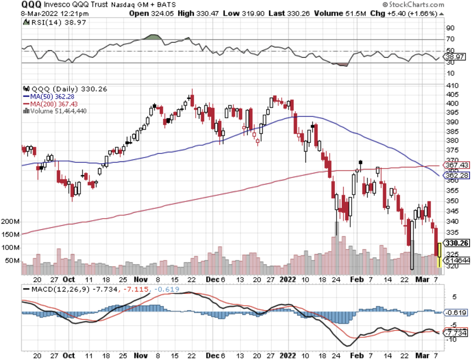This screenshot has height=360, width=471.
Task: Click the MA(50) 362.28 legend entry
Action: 49,97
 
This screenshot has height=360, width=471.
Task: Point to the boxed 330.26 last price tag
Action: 456,243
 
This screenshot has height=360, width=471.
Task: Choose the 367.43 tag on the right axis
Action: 456,165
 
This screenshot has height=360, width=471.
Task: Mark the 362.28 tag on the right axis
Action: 456,175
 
